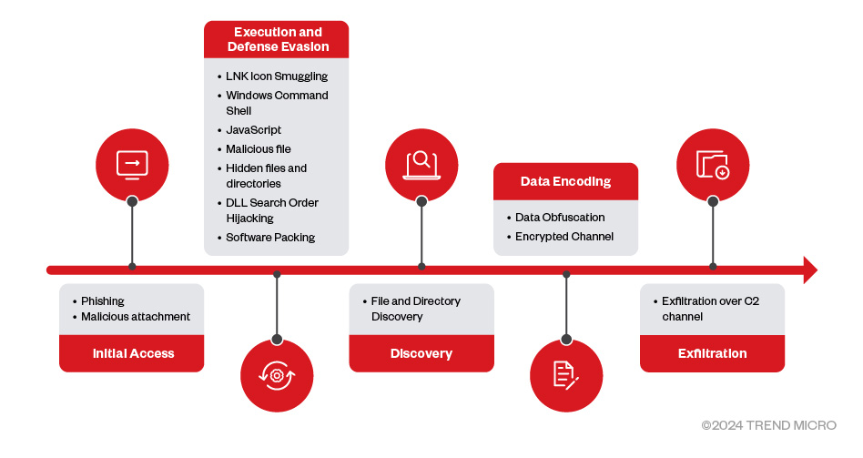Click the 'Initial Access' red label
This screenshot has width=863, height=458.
(x=132, y=353)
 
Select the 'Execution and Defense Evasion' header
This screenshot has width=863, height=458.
(x=276, y=39)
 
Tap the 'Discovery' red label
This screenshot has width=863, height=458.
(x=421, y=353)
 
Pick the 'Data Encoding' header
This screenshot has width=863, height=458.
(x=565, y=181)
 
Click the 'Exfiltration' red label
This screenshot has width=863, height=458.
(x=712, y=353)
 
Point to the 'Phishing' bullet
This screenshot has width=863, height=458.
(x=103, y=300)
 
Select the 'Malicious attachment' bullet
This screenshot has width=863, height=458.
(x=136, y=317)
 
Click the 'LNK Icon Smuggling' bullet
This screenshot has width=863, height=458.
(x=276, y=76)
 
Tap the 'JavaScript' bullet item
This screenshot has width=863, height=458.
(x=254, y=130)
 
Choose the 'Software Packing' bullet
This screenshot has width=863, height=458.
(x=270, y=237)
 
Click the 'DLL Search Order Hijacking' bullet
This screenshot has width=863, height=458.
(x=272, y=210)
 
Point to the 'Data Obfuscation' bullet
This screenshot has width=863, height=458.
(x=560, y=218)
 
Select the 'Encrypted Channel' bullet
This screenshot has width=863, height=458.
(x=563, y=236)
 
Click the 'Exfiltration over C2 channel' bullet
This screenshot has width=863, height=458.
(x=710, y=309)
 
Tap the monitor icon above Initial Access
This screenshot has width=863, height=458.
(x=132, y=164)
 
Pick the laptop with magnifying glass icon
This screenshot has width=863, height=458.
(x=421, y=164)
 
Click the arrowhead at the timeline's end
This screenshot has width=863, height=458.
(x=809, y=270)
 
